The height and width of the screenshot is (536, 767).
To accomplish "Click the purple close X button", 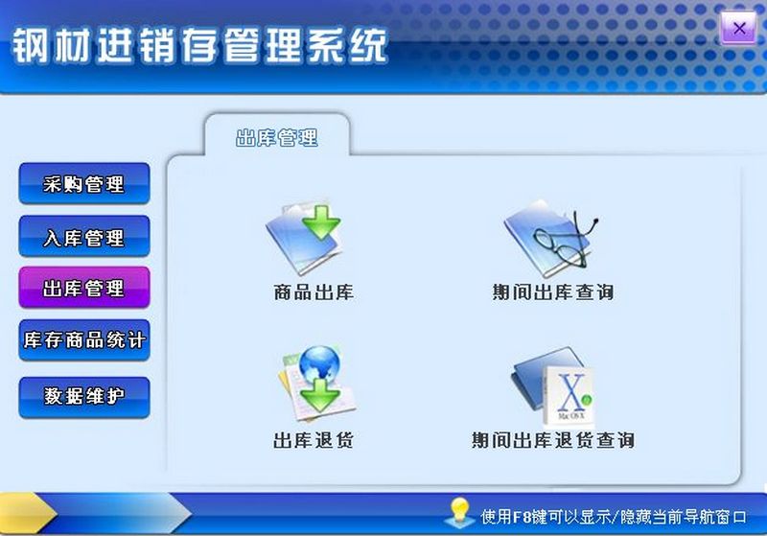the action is point(738,29).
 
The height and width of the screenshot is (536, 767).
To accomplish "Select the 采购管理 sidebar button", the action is point(84,184).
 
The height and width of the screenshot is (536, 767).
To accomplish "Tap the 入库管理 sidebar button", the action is point(84,237).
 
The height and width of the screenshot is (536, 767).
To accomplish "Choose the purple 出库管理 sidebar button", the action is point(84,288).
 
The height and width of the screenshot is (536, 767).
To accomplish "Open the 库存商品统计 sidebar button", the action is point(84,340).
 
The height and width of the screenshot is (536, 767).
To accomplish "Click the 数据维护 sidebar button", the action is point(84,397).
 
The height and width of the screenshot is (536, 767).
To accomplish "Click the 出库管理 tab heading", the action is point(277,138).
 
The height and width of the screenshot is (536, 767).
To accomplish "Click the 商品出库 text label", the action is point(314,292).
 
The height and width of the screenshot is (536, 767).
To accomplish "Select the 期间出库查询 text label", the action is point(553,292).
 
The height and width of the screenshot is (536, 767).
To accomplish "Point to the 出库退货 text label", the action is point(314,440).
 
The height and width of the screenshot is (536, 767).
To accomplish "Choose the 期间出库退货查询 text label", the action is point(553,440).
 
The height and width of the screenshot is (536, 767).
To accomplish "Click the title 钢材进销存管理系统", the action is point(199,45).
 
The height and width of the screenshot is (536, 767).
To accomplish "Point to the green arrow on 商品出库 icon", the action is point(321,222).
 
